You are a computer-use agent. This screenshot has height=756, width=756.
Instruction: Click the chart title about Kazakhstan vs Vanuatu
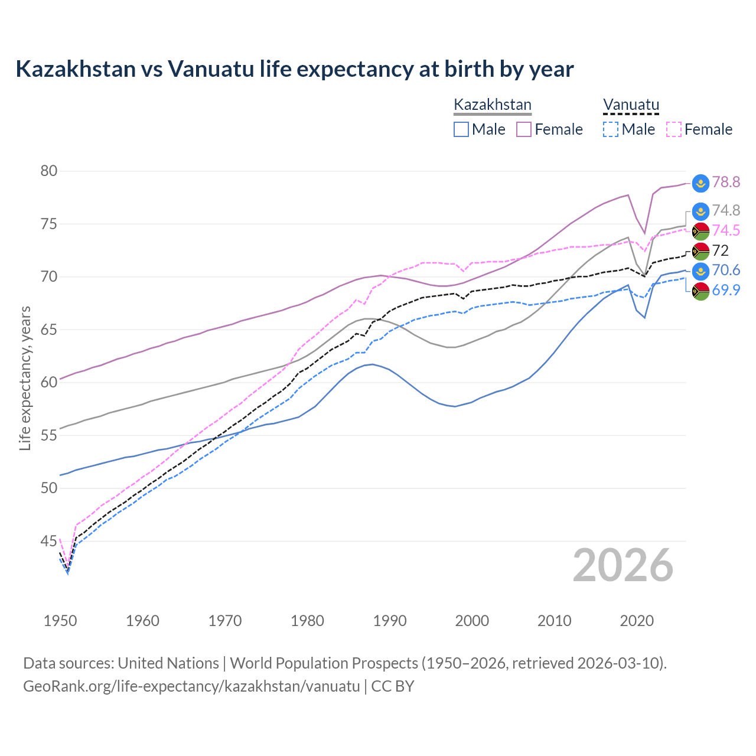pyautogui.click(x=294, y=69)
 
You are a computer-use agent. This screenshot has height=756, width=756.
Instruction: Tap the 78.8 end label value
pyautogui.click(x=726, y=183)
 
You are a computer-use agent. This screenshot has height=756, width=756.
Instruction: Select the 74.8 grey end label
pyautogui.click(x=726, y=211)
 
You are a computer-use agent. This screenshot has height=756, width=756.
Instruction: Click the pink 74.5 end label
pyautogui.click(x=726, y=231)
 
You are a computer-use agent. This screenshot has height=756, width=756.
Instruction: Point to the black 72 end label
pyautogui.click(x=720, y=251)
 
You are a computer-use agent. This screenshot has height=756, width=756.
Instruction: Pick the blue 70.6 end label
pyautogui.click(x=726, y=271)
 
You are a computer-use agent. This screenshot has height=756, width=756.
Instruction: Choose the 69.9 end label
pyautogui.click(x=726, y=291)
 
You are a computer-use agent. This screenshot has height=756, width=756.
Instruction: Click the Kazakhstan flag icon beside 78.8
pyautogui.click(x=700, y=183)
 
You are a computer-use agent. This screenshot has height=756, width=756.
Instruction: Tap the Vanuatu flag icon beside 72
pyautogui.click(x=700, y=251)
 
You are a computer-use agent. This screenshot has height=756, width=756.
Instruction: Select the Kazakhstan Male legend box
pyautogui.click(x=461, y=129)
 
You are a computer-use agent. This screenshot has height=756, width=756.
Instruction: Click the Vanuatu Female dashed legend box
pyautogui.click(x=674, y=129)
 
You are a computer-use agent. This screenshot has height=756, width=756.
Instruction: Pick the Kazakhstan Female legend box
pyautogui.click(x=524, y=129)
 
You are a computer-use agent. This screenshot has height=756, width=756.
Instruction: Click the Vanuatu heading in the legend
pyautogui.click(x=631, y=105)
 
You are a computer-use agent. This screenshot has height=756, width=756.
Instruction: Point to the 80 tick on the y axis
pyautogui.click(x=49, y=171)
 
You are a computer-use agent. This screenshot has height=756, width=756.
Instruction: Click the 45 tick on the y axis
pyautogui.click(x=49, y=541)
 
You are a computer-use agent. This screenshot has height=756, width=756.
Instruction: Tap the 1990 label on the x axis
pyautogui.click(x=390, y=621)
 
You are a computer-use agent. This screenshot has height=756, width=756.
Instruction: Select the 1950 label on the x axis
pyautogui.click(x=60, y=621)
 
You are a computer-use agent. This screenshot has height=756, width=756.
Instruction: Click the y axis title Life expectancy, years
pyautogui.click(x=25, y=378)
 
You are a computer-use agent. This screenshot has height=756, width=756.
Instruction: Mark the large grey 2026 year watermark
pyautogui.click(x=623, y=565)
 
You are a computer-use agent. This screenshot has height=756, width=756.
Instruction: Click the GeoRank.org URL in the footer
pyautogui.click(x=191, y=686)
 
